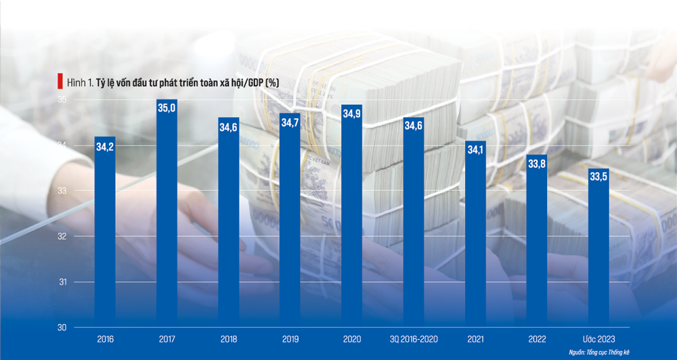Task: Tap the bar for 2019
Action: tap(290, 230)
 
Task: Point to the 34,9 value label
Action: tap(351, 114)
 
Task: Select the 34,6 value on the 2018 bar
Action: tap(228, 127)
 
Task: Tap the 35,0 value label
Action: tap(167, 110)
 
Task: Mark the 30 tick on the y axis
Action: tap(60, 327)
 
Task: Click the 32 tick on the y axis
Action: tap(60, 236)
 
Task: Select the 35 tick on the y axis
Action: tap(60, 99)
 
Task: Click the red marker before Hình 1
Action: tap(60, 82)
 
